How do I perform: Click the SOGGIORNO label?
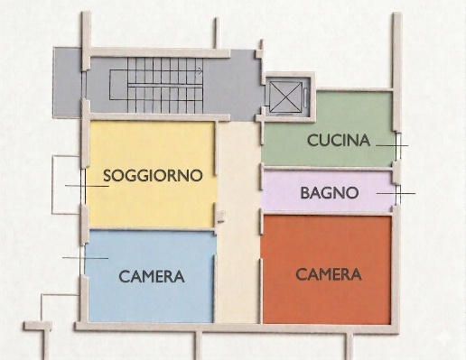tap(152, 175)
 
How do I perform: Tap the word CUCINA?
tap(339, 140)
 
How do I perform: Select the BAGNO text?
tap(330, 192)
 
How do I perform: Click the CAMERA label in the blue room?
tap(152, 277)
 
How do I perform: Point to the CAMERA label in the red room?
tap(329, 274)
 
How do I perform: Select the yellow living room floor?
tap(152, 203)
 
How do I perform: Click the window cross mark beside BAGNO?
tap(397, 192)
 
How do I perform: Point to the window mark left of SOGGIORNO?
tap(84, 185)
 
